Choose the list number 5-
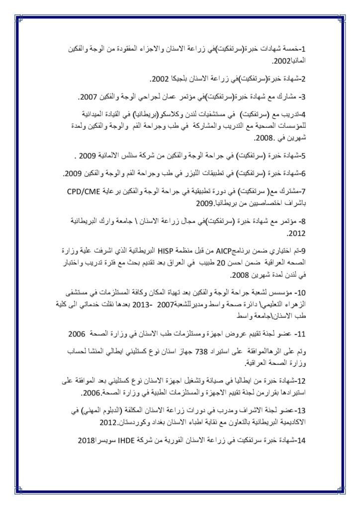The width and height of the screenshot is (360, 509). pyautogui.click(x=305, y=157)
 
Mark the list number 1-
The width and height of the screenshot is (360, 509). pyautogui.click(x=305, y=51)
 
